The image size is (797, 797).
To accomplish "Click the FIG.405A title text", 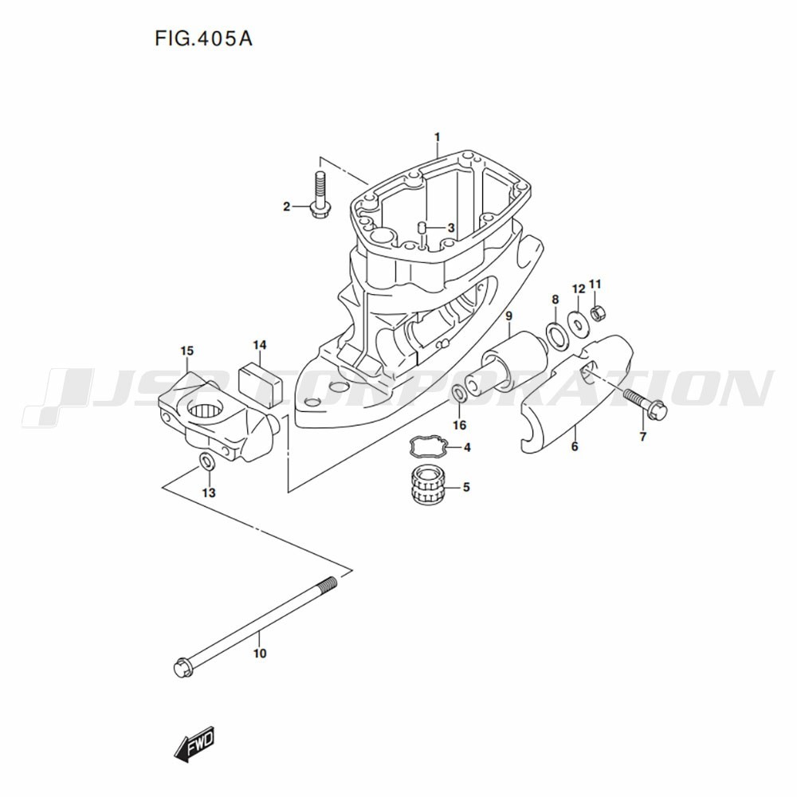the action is point(203,38).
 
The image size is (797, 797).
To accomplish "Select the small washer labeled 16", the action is point(459,393).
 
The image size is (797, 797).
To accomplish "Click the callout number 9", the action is point(508,316).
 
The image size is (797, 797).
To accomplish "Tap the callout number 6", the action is point(575,447).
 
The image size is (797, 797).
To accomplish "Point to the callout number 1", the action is point(437,137).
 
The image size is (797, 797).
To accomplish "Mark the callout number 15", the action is point(186,351).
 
